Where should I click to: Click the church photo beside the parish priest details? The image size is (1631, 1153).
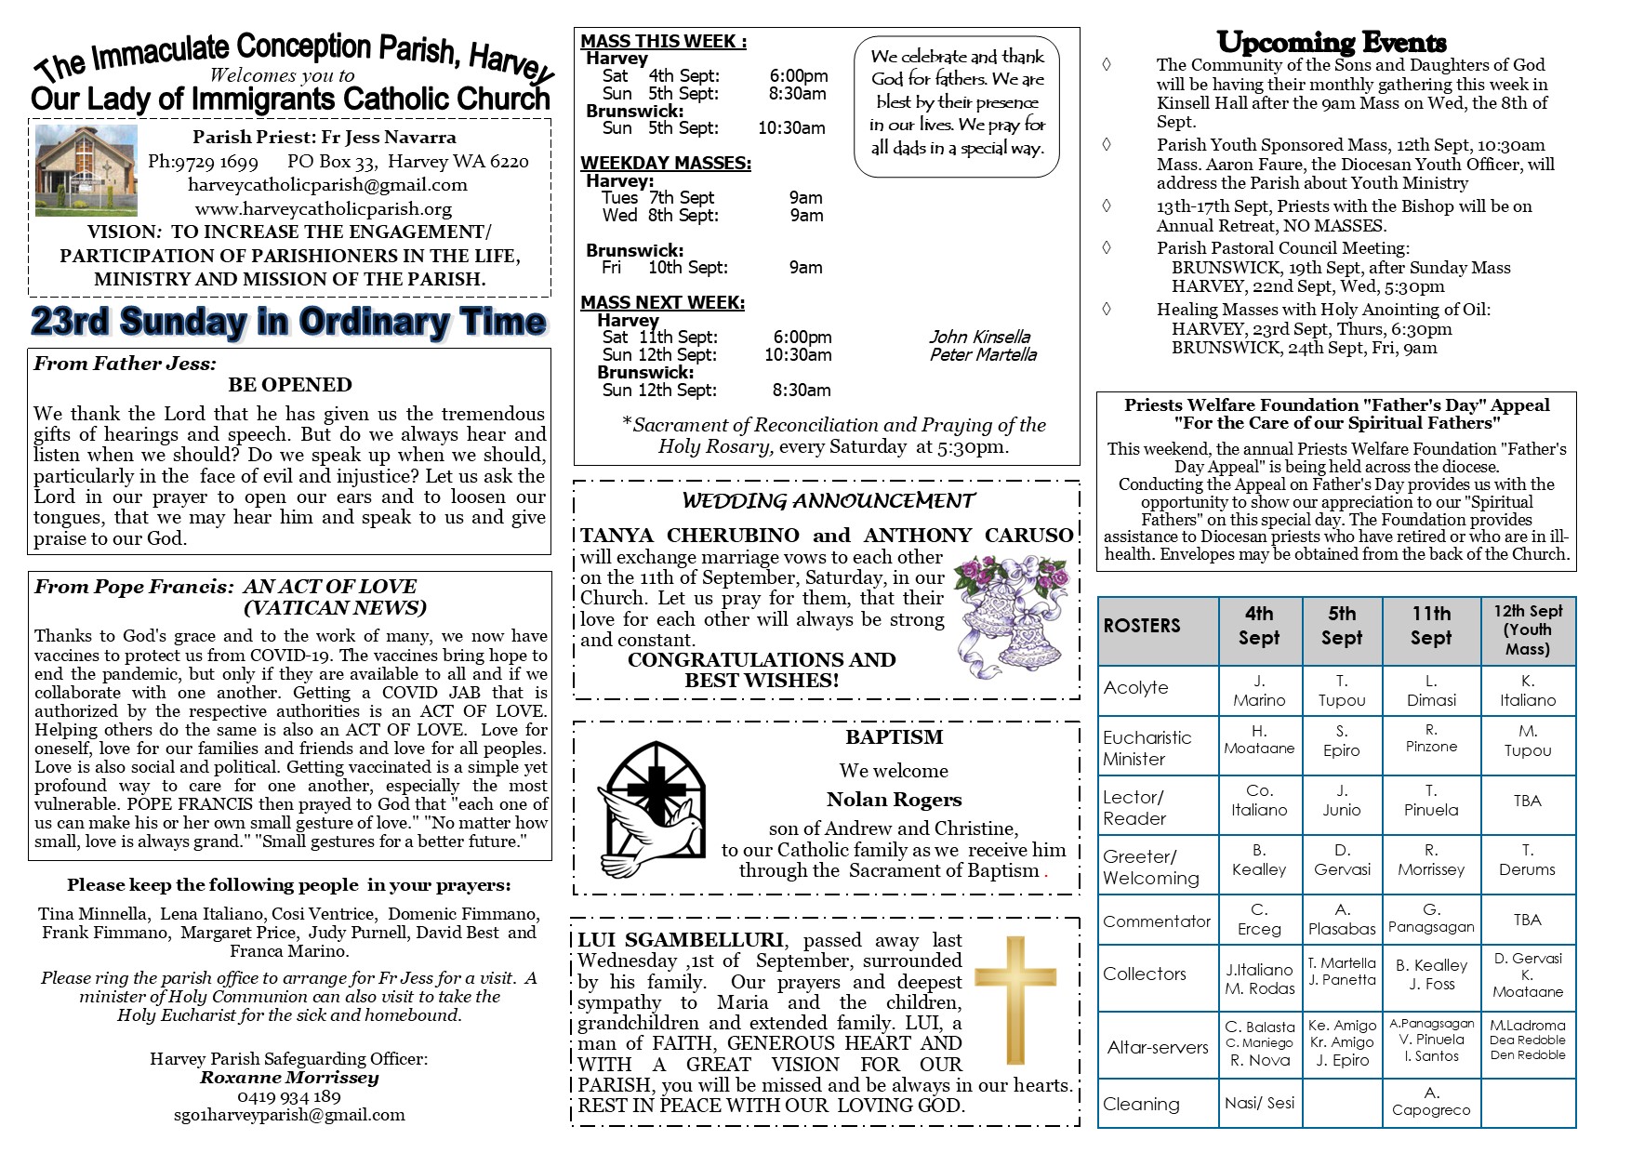coord(86,171)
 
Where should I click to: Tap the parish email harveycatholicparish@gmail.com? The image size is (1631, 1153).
coord(327,185)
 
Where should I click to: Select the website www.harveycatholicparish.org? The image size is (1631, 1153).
coord(324,208)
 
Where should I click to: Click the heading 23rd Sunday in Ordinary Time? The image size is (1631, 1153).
coord(288,322)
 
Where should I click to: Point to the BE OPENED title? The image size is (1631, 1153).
coord(290,385)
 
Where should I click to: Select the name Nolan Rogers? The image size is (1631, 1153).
coord(894,800)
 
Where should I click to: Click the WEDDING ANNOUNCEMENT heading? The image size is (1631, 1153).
coord(828,501)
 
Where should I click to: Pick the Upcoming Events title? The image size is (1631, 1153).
coord(1332,43)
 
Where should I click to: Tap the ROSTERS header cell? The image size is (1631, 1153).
coord(1158,626)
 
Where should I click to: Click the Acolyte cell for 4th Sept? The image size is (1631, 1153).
coord(1259,691)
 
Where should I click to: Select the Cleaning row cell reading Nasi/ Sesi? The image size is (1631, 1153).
coord(1259,1104)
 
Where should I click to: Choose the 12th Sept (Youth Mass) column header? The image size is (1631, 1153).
coord(1528,630)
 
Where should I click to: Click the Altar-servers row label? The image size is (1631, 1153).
coord(1158,1047)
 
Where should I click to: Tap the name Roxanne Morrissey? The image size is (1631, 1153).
coord(289,1078)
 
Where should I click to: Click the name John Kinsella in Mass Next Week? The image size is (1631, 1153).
coord(979,337)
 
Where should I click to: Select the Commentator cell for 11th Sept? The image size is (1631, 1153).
coord(1431,919)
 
